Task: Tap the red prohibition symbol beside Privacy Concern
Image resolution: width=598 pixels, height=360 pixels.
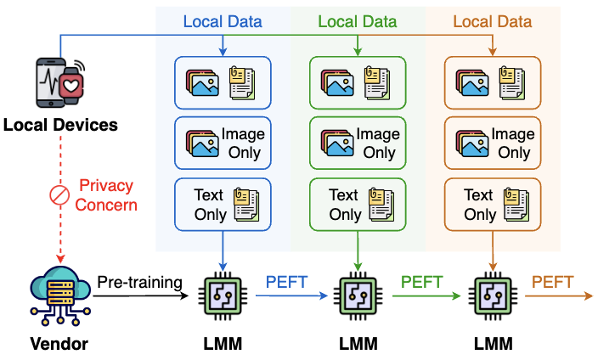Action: pos(58,195)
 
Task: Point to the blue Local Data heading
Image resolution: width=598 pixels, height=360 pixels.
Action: pos(223,20)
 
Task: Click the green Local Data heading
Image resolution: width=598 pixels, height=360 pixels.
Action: pos(358,20)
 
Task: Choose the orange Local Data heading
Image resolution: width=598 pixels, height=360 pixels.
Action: pos(493,20)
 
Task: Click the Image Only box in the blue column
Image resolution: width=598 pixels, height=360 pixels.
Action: pos(223,143)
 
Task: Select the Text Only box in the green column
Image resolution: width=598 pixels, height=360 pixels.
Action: pos(358,205)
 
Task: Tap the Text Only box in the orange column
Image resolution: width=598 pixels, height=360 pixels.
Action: pos(493,205)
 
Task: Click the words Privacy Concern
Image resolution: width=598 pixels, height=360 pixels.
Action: pos(107,194)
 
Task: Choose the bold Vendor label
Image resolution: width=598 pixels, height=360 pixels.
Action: pos(58,344)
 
